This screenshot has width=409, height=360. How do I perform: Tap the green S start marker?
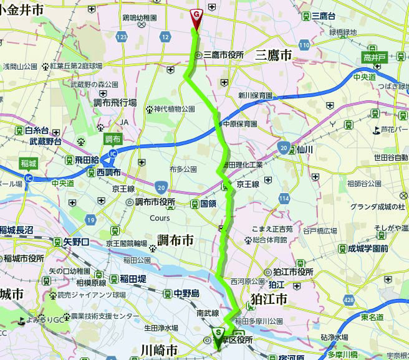(218, 334)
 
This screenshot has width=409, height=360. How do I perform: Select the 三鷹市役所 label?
(223, 55)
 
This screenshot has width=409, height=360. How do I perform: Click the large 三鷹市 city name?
(273, 55)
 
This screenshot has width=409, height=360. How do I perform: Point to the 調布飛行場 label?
(115, 102)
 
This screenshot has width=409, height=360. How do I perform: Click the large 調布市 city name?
(175, 240)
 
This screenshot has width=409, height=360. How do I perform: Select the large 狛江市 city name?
(268, 300)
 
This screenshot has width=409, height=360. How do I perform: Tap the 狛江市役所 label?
(293, 272)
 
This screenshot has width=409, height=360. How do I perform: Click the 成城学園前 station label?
(368, 249)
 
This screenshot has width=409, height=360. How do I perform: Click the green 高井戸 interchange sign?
(376, 58)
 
